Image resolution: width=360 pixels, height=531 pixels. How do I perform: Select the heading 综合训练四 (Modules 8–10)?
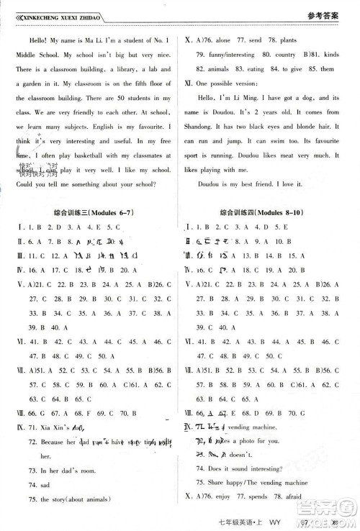[x=269, y=214]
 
